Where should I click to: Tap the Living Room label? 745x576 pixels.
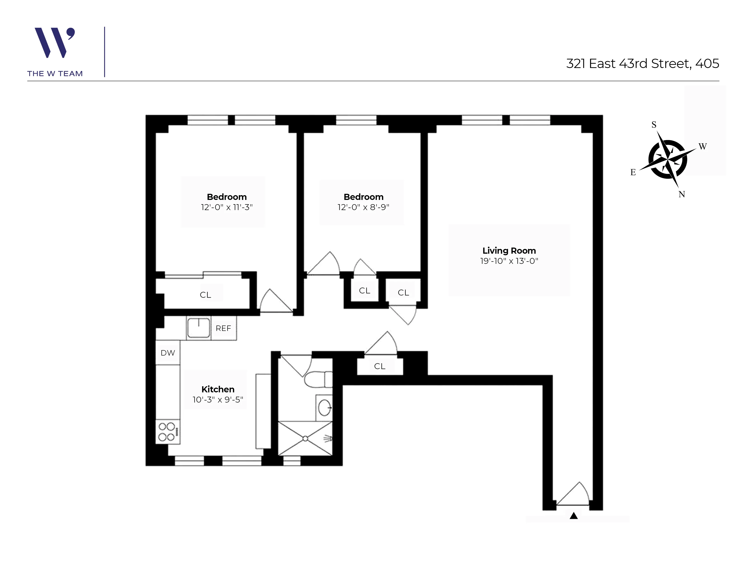[x=509, y=251]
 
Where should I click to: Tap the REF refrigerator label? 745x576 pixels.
[x=223, y=328]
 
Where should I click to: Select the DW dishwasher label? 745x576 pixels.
[x=168, y=353]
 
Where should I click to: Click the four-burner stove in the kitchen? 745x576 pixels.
[x=167, y=432]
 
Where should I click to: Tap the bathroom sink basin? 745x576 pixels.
[x=324, y=407]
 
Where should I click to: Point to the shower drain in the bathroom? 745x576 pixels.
[x=305, y=438]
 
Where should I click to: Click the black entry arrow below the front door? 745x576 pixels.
[x=573, y=516]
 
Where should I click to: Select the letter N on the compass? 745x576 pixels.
[x=682, y=194]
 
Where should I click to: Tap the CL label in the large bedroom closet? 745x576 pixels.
[x=205, y=295]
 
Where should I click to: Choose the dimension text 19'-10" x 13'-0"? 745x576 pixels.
[x=509, y=261]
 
